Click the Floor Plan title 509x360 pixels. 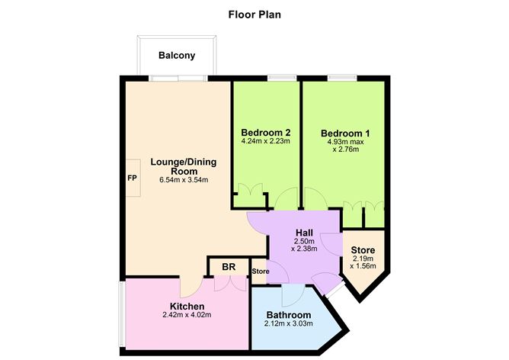pos(254,14)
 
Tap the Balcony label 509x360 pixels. pos(177,55)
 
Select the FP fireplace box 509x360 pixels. pos(132,178)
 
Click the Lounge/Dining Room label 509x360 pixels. pos(180,166)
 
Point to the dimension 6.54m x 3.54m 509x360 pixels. pos(180,181)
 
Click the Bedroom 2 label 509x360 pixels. pos(265,130)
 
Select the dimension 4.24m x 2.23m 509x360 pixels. pos(265,140)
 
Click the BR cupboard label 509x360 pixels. pos(229,268)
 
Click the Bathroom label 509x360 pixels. pos(289,315)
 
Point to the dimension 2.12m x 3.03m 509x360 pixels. pos(289,326)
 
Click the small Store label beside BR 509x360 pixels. pos(260,271)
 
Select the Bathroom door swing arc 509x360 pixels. pos(294,294)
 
